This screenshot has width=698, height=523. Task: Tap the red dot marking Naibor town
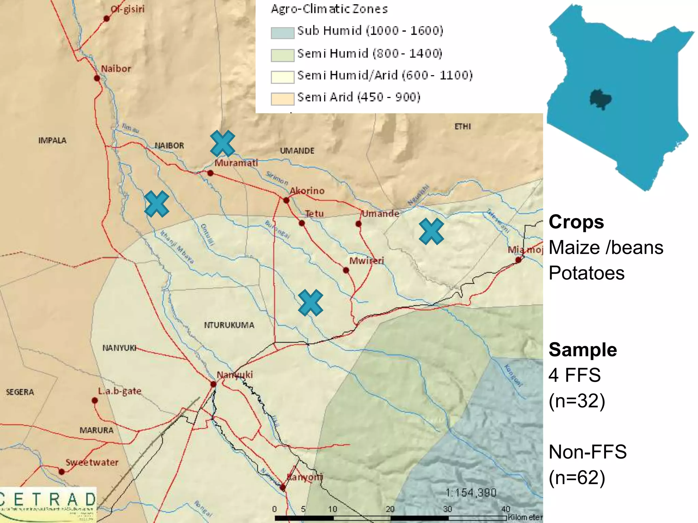pos(97,78)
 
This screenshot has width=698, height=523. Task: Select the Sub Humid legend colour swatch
pos(282,33)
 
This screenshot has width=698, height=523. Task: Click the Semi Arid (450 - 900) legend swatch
pos(282,99)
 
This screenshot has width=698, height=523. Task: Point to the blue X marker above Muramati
pos(222,143)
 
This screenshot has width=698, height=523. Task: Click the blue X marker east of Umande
pos(431,232)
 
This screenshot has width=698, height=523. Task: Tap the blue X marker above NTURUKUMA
pos(310,303)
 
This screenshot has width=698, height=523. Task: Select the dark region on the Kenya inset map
pos(601,99)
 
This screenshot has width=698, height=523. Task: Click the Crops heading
pos(576,222)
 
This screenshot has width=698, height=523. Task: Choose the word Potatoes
pos(587,273)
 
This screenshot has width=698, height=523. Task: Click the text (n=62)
pos(577,477)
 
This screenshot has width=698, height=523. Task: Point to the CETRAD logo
pos(48,504)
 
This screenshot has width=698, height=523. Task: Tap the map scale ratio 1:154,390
pos(471,493)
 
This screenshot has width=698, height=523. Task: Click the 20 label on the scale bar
pos(390,509)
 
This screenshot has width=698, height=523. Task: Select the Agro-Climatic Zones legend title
pos(329,9)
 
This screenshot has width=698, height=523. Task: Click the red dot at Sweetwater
pos(62,472)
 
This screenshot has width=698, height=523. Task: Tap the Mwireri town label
pos(366,261)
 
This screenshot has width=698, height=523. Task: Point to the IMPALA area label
pos(52,140)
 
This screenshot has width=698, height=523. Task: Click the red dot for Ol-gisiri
pos(106,18)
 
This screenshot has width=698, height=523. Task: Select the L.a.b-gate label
pos(120,391)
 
